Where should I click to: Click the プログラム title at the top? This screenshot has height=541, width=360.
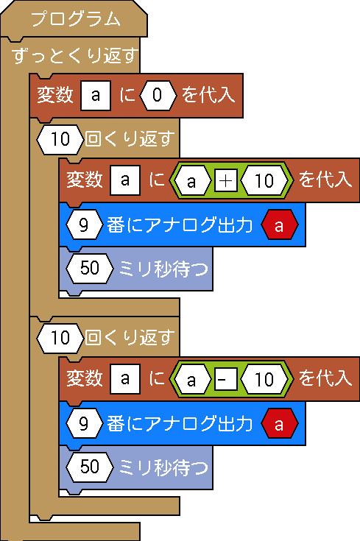[x=76, y=18]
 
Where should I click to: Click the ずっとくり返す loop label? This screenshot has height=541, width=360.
[x=75, y=55]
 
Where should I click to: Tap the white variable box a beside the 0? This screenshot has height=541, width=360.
[x=96, y=95]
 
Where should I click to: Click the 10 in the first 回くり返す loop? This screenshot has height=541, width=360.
[x=60, y=139]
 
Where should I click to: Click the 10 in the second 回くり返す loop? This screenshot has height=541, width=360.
[x=60, y=338]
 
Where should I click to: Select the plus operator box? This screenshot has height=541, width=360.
[x=226, y=180]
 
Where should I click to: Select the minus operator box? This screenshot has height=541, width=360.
[x=226, y=379]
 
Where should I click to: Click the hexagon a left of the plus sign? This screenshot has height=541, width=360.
[x=191, y=180]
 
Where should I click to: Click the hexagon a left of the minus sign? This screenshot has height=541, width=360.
[x=191, y=379]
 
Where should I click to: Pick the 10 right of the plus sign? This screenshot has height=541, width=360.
[x=264, y=180]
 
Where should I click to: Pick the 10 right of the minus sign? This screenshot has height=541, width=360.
[x=264, y=379]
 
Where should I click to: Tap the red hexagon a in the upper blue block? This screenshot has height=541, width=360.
[x=280, y=225]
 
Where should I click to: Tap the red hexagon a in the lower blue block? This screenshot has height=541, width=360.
[x=280, y=424]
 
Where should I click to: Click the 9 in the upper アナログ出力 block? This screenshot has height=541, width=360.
[x=84, y=225]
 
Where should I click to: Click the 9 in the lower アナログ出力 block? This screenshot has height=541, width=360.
[x=84, y=424]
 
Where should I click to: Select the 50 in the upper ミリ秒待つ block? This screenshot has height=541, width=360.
[x=90, y=269]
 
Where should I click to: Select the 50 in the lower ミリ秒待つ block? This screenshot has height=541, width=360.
[x=90, y=467]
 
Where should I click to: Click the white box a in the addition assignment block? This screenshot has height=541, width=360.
[x=125, y=180]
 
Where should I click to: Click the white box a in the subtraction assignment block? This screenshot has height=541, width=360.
[x=125, y=379]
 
